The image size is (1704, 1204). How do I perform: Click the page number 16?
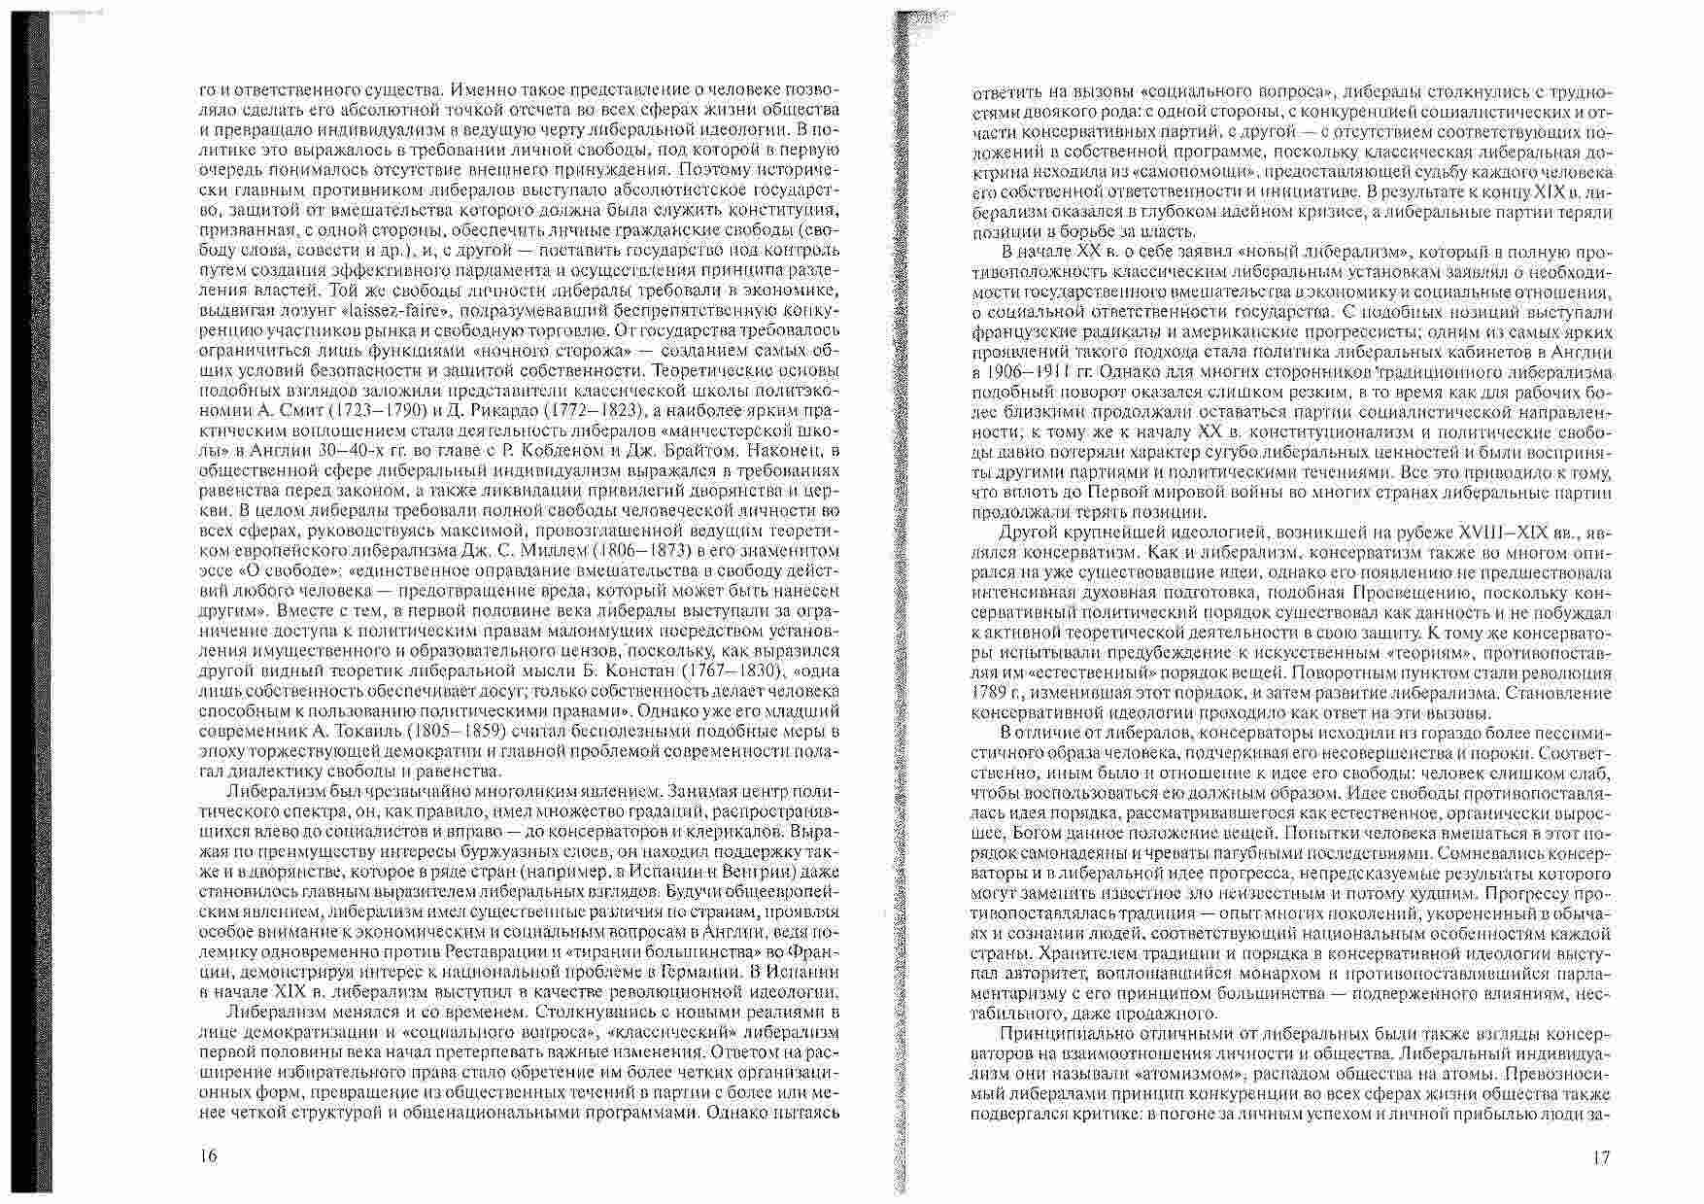click(x=207, y=1156)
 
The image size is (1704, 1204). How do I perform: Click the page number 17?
click(x=1602, y=1157)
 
